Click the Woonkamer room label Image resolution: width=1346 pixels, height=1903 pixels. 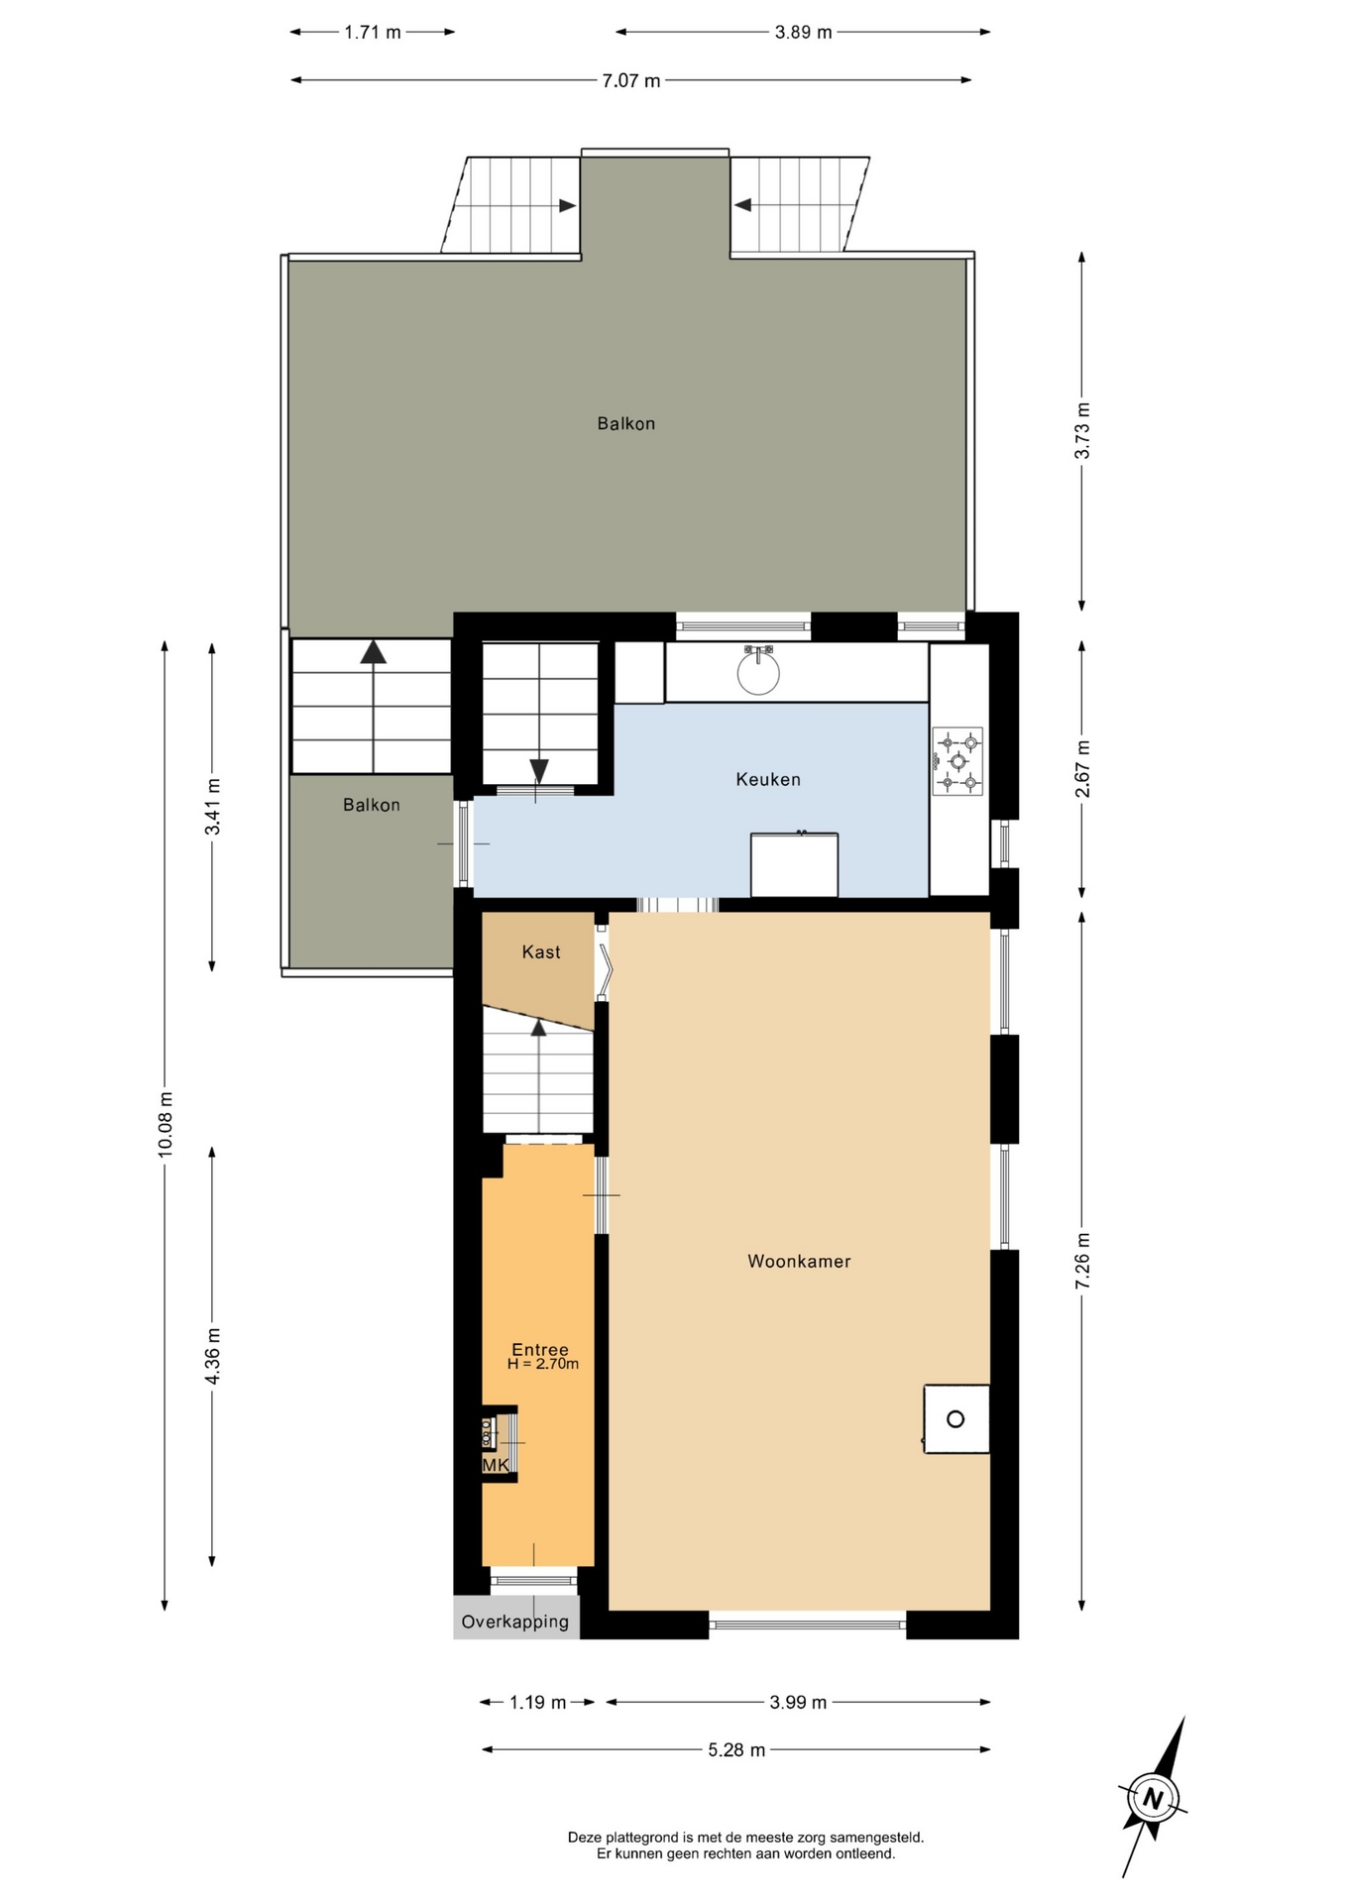tap(799, 1262)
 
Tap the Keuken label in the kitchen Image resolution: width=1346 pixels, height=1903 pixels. tap(768, 780)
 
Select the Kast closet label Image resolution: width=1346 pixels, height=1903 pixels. tap(541, 952)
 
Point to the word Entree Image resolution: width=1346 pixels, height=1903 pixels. tap(540, 1349)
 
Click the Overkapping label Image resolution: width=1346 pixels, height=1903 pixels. tap(515, 1623)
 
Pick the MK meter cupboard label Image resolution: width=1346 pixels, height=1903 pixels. tap(496, 1465)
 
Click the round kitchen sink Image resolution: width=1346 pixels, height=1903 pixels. tap(758, 672)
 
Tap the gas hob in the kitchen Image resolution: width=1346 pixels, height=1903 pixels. tap(957, 761)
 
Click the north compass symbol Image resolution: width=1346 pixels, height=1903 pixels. tap(1153, 1798)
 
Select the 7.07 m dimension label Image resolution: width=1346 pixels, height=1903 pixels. tap(631, 81)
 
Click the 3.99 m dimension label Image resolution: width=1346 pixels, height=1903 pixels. tap(798, 1703)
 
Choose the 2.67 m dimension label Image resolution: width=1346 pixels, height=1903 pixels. tap(1082, 768)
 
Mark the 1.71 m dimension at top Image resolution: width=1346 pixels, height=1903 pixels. tap(373, 33)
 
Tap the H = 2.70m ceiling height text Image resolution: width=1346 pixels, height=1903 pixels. tap(543, 1364)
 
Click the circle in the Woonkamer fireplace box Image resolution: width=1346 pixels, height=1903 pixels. tap(955, 1419)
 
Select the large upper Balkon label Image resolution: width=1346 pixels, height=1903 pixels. tap(626, 424)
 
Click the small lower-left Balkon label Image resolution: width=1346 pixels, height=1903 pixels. tap(372, 805)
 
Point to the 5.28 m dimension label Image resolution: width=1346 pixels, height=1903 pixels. tap(736, 1750)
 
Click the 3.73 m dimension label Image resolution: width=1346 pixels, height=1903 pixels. tap(1082, 430)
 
